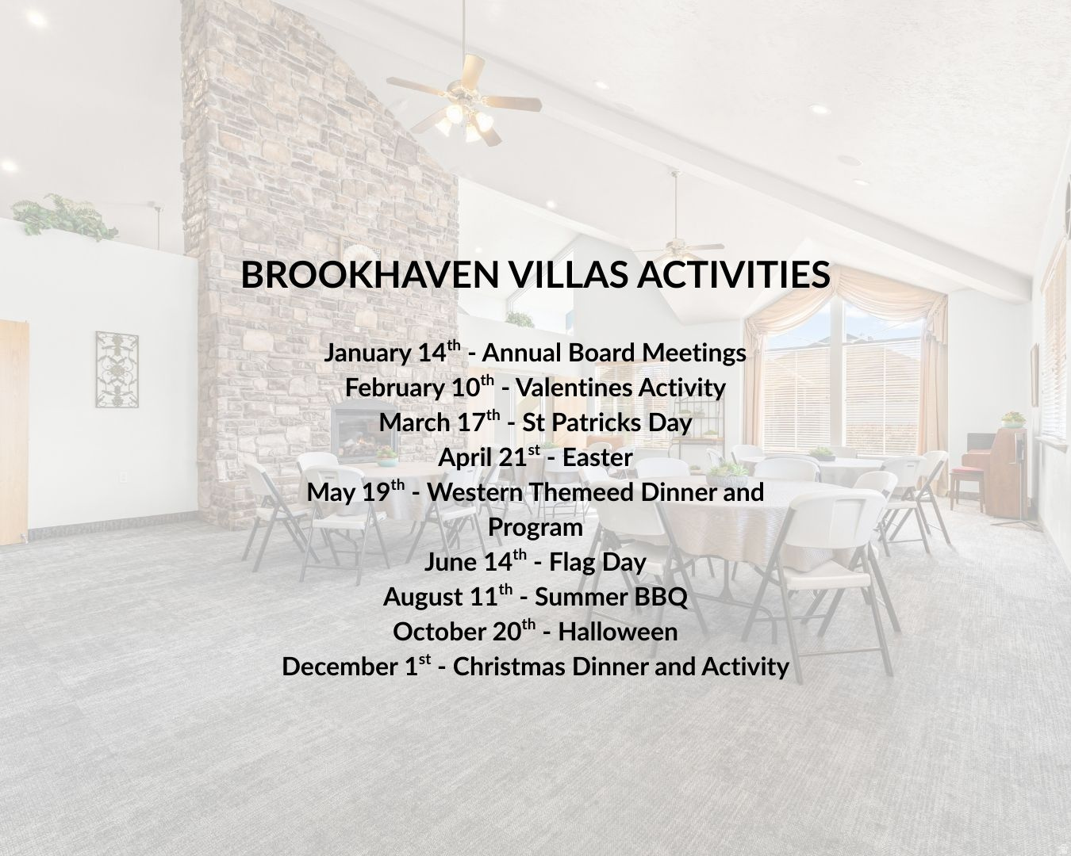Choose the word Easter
[x=597, y=457]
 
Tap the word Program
[x=535, y=527]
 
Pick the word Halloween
[x=618, y=632]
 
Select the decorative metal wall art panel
[x=117, y=369]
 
